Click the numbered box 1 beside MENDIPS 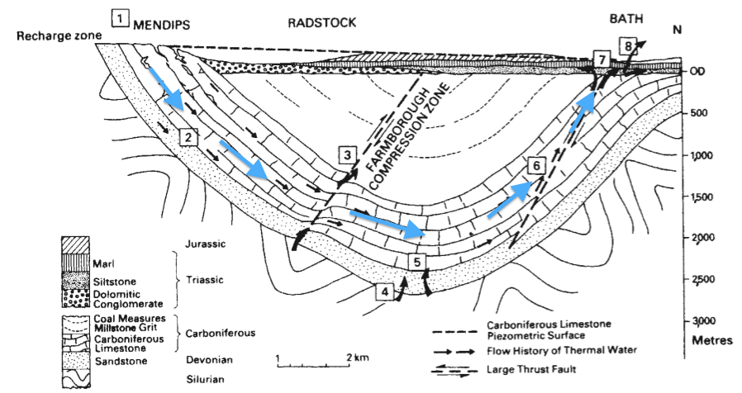click(121, 17)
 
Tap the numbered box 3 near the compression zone click(348, 154)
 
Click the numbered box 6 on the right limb click(536, 166)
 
